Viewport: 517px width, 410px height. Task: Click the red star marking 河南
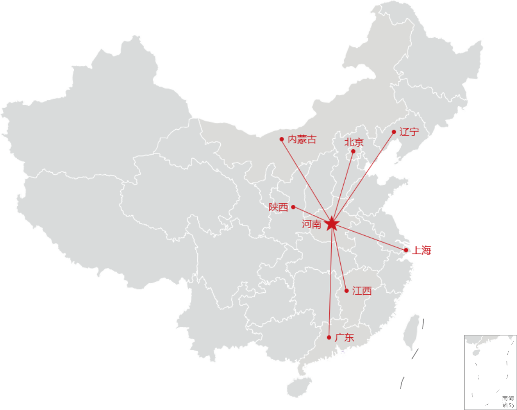coord(332,223)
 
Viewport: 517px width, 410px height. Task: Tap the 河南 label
coord(312,224)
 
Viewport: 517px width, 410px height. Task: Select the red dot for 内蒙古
coord(282,139)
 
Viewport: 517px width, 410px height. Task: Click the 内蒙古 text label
coord(302,140)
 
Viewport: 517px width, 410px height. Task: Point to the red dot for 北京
coord(353,152)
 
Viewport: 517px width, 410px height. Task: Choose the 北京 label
coord(354,142)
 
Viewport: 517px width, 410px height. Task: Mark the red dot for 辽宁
coord(394,132)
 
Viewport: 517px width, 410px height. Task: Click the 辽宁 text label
coord(409,132)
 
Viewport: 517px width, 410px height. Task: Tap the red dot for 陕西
coord(293,207)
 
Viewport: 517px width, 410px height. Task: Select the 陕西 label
coord(279,207)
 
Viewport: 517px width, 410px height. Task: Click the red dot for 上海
coord(406,250)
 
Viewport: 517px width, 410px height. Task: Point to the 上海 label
coord(422,250)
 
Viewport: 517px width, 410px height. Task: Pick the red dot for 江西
coord(347,290)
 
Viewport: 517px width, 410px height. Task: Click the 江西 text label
coord(362,290)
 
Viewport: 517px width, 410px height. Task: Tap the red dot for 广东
coord(329,337)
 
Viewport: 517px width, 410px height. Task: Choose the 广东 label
coord(344,337)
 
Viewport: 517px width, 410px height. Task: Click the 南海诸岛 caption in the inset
coord(508,401)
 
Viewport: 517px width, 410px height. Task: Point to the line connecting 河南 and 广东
coord(330,282)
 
